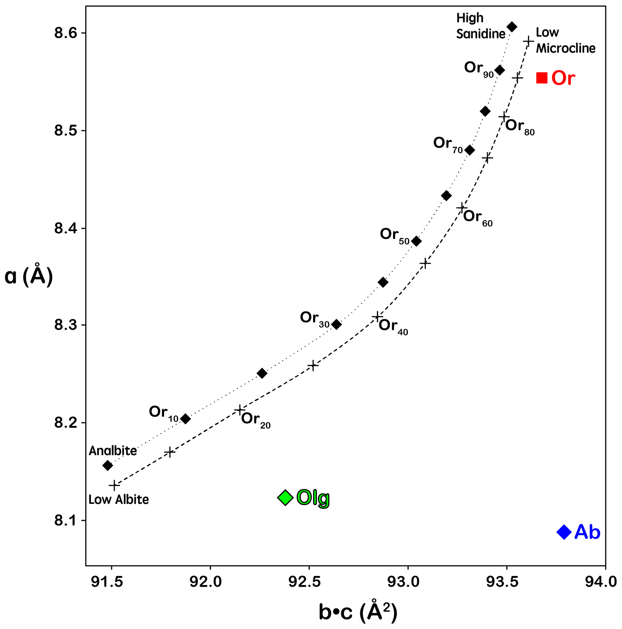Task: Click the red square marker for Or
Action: pos(542,78)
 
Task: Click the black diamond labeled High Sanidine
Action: pos(512,27)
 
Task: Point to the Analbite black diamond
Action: pos(107,466)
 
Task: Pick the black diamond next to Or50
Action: pos(416,241)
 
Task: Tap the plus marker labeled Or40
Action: pos(377,316)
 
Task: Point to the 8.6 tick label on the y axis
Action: pos(65,33)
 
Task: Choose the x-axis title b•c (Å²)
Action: pos(358,612)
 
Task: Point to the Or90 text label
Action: pos(479,69)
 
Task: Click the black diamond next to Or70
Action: pos(470,150)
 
